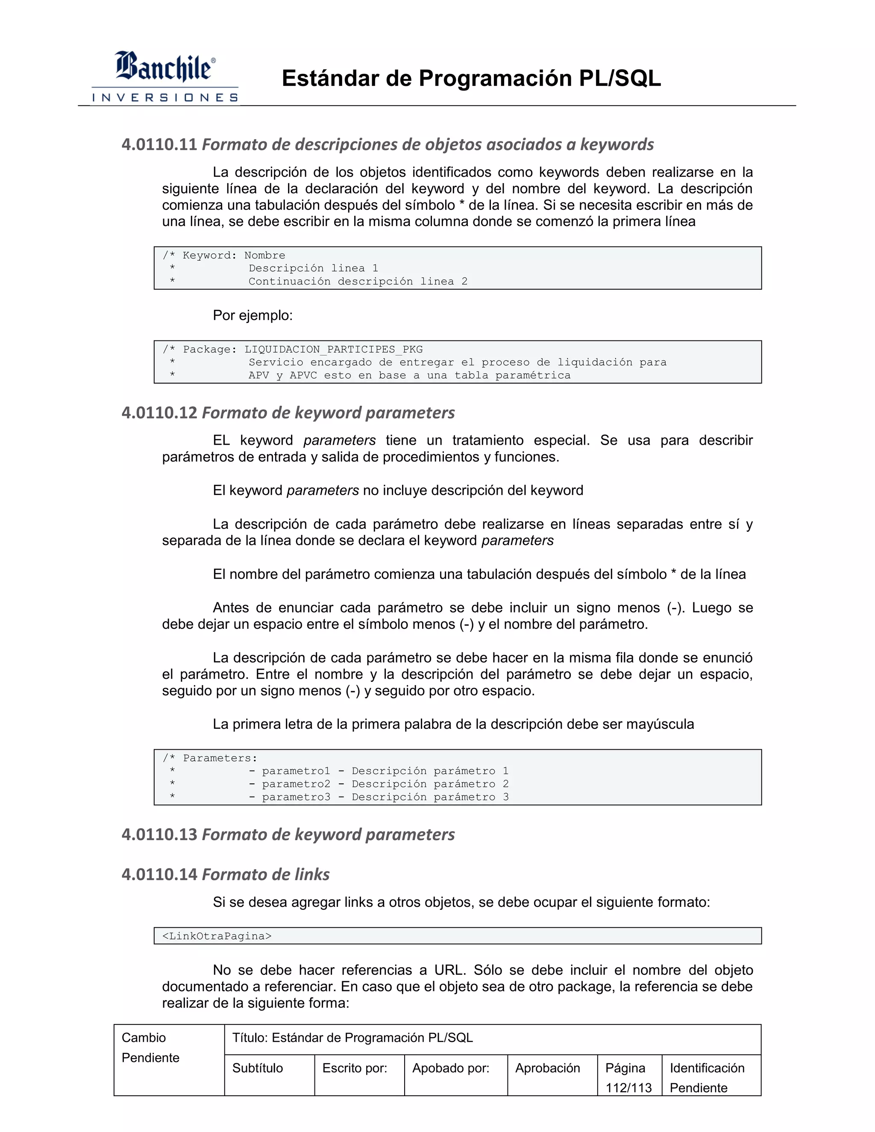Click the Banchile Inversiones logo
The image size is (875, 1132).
(164, 77)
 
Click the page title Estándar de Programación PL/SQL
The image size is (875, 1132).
(471, 79)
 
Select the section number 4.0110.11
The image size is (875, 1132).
(159, 145)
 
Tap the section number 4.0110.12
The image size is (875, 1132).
(159, 413)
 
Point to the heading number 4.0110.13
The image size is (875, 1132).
(159, 835)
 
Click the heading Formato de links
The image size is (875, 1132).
(265, 874)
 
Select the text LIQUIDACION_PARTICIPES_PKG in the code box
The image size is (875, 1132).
(333, 349)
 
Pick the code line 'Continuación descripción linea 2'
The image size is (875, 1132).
(358, 282)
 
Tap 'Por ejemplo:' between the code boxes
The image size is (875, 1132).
(253, 316)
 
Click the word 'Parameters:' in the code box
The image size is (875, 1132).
(220, 758)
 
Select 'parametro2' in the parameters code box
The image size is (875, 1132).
(296, 784)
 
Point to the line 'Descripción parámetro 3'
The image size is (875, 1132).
(430, 797)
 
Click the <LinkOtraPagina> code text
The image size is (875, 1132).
(217, 936)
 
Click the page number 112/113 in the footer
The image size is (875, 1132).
(628, 1088)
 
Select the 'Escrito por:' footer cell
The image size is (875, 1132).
(355, 1068)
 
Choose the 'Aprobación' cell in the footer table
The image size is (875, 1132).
(547, 1068)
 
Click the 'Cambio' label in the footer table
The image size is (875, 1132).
(144, 1038)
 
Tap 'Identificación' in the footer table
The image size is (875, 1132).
(707, 1068)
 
